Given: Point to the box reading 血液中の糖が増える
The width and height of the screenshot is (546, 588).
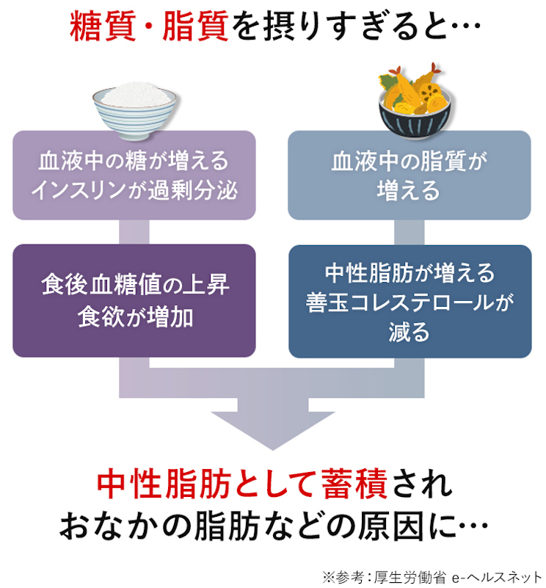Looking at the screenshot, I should coord(134,175).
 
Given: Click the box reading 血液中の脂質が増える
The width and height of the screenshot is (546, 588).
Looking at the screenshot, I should coord(409,175).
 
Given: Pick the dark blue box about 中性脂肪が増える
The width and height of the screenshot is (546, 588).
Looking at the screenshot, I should coord(409,302).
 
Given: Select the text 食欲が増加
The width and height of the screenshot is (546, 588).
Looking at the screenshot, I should coord(134,316).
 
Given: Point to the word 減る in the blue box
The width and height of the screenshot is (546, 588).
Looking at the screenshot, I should coord(409,332).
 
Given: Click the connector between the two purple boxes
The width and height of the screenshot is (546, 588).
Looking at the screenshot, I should coord(134,232).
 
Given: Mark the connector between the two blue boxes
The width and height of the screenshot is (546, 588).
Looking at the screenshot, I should coord(409,232).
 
